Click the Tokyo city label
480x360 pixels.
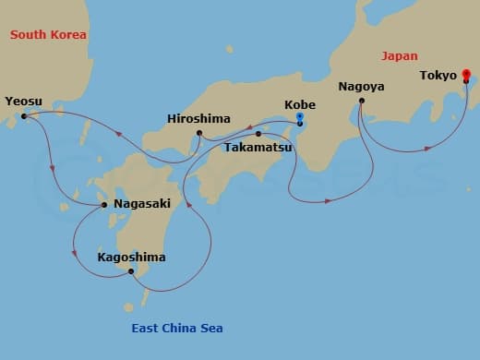click(438, 75)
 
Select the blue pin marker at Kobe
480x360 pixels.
click(299, 117)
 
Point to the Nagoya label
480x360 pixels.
click(361, 87)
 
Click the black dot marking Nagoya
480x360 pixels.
click(361, 101)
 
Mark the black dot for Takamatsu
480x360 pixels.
click(258, 134)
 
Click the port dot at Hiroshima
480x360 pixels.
click(199, 134)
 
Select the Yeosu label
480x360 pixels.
click(23, 102)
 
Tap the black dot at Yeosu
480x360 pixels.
click(23, 116)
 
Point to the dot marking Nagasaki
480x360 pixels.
click(104, 205)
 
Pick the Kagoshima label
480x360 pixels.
click(131, 258)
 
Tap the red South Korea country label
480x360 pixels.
click(48, 34)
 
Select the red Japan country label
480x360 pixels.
click(400, 55)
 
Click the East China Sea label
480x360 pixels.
click(175, 329)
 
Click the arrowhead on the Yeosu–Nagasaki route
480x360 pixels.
click(54, 169)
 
